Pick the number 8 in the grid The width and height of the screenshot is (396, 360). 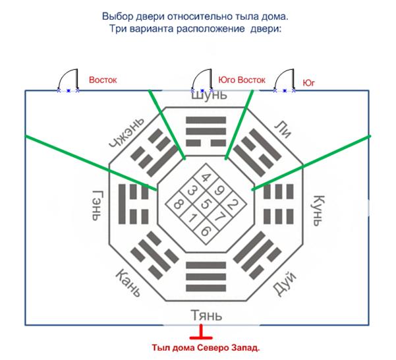[x=178, y=204]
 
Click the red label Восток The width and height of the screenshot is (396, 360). [x=103, y=79]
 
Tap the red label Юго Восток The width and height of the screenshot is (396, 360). [x=241, y=80]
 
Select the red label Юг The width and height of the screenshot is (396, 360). [x=308, y=83]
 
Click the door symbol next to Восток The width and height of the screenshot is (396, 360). [x=68, y=81]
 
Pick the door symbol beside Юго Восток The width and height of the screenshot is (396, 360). [x=200, y=81]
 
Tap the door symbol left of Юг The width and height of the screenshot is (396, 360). [x=284, y=81]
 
